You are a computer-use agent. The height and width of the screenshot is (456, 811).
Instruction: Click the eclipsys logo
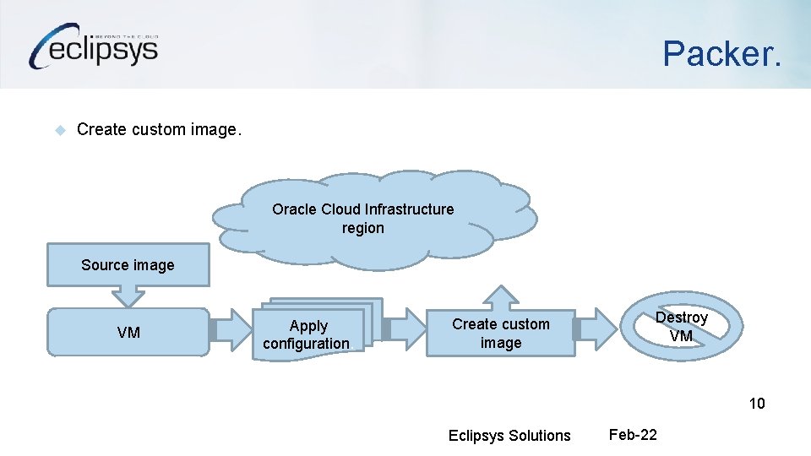(x=93, y=46)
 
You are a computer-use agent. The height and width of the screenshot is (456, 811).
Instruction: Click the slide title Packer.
(x=722, y=53)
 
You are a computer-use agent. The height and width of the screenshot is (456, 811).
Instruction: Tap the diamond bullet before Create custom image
(x=60, y=130)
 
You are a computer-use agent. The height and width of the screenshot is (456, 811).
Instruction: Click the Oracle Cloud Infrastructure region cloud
(x=372, y=215)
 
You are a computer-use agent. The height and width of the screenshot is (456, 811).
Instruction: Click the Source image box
(x=128, y=265)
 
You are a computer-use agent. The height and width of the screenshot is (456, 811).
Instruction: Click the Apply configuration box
(x=308, y=334)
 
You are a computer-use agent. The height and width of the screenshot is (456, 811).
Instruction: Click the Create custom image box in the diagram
(x=501, y=334)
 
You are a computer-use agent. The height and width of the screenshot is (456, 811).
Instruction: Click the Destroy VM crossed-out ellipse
(x=681, y=326)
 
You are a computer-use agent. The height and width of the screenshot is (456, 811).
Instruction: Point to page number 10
(x=757, y=404)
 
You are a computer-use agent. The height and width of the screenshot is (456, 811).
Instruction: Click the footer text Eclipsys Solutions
(x=509, y=436)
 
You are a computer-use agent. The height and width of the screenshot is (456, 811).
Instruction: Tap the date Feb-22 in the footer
(x=633, y=435)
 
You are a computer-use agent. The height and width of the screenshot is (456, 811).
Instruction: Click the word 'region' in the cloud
(x=363, y=228)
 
